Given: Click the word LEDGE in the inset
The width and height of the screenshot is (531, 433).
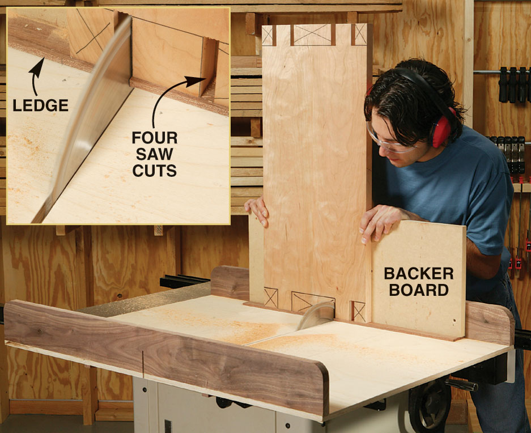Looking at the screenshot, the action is [x=41, y=105].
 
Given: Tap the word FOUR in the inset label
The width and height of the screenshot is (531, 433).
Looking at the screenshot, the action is [x=154, y=138].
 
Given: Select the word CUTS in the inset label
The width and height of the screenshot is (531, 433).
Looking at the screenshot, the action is [x=154, y=171].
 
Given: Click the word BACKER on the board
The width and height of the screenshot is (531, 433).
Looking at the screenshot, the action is [x=419, y=273].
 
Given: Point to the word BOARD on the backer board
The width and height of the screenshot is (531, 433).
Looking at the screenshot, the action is [x=419, y=290].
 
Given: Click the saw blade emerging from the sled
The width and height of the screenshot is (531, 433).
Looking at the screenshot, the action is [x=315, y=315].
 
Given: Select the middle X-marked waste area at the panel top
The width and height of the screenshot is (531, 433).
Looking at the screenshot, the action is [x=312, y=34].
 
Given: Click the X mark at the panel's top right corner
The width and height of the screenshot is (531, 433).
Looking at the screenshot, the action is [x=360, y=34].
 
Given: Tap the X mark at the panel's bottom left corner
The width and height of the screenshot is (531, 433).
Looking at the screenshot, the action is [x=270, y=297].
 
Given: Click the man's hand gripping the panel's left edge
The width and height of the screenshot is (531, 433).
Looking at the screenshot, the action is [x=257, y=211].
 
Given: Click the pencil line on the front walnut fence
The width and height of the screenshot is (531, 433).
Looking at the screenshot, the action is [x=143, y=364].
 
